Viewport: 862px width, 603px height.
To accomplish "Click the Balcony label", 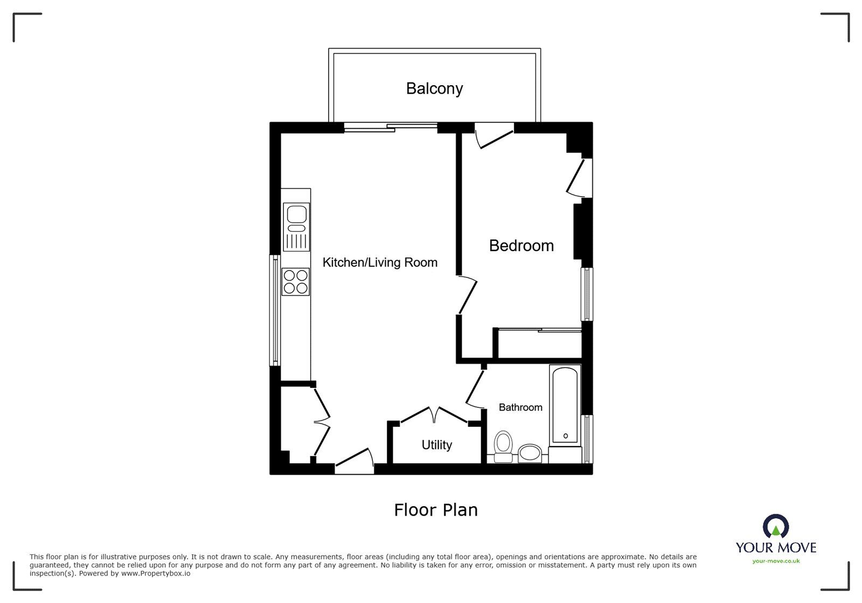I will [434, 88].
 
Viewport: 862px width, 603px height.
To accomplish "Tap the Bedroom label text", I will [521, 246].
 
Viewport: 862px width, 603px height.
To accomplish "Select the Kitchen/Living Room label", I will [380, 262].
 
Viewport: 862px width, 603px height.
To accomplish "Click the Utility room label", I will [436, 445].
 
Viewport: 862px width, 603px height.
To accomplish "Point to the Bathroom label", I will [520, 407].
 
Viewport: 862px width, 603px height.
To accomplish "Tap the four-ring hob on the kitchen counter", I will [296, 282].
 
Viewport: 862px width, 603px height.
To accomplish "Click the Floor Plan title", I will [436, 510].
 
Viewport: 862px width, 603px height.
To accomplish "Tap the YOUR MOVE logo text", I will [776, 548].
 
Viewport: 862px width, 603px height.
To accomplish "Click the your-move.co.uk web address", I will [776, 562].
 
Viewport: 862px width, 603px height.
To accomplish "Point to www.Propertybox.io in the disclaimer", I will [155, 573].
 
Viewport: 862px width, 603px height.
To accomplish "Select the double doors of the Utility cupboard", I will [434, 414].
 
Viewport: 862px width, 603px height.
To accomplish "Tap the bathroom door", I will [474, 388].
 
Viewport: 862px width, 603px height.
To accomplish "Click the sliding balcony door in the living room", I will [391, 127].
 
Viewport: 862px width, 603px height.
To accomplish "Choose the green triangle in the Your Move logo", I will [776, 531].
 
